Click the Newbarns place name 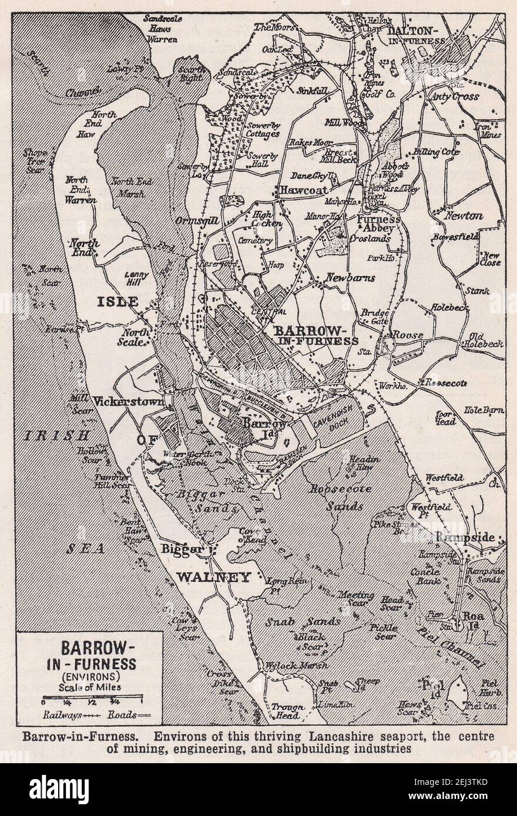click(x=350, y=278)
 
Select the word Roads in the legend click(x=121, y=715)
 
